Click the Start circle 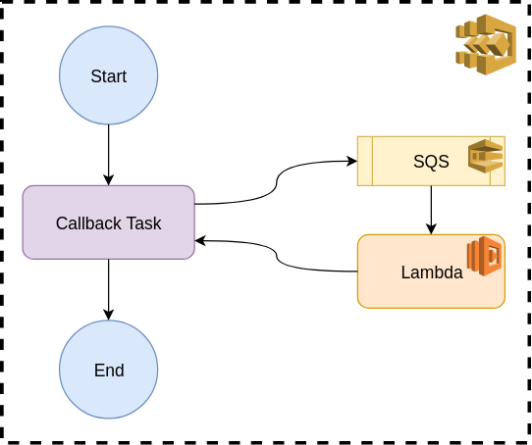(109, 75)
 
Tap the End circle (109, 370)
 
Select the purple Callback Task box (109, 222)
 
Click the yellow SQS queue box (431, 161)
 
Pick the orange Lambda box (431, 272)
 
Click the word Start (109, 76)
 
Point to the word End (109, 371)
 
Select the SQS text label (431, 162)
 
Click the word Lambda (432, 272)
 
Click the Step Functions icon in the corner (486, 44)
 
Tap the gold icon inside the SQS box (485, 156)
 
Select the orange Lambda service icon (484, 256)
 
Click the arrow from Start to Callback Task (109, 155)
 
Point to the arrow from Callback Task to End (109, 290)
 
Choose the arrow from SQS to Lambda (431, 210)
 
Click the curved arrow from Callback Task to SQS (277, 182)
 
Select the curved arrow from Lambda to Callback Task (277, 256)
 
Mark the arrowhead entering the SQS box (352, 161)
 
